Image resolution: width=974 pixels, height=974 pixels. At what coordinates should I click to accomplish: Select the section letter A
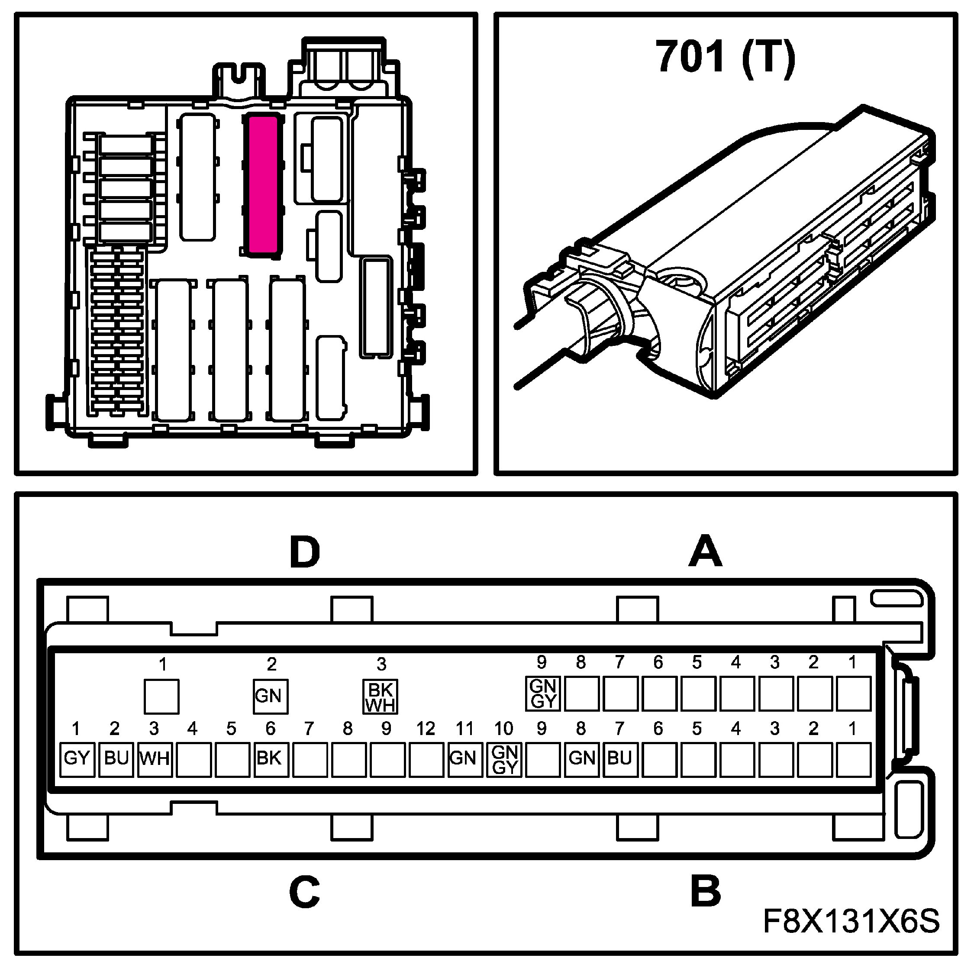click(705, 552)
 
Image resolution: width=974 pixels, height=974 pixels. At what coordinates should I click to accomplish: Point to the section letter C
click(304, 891)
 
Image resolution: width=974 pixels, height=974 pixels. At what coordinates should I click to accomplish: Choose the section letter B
click(705, 891)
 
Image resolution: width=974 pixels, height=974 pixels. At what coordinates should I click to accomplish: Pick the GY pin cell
click(77, 759)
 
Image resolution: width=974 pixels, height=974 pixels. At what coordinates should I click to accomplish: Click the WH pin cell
click(155, 759)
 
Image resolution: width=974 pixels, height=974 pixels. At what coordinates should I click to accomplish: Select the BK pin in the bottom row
click(271, 759)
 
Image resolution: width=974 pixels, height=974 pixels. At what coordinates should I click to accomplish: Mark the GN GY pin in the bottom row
click(504, 759)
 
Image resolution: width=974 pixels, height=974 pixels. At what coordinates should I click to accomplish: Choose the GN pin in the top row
click(270, 696)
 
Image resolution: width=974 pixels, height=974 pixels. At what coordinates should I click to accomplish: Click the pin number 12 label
click(426, 729)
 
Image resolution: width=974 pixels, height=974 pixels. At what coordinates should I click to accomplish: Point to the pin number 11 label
click(464, 729)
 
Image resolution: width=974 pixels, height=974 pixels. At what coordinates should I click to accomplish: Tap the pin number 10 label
click(503, 729)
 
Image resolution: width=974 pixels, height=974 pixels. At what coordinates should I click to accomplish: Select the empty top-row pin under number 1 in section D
click(161, 697)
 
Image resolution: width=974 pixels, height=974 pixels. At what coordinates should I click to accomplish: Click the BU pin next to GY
click(116, 759)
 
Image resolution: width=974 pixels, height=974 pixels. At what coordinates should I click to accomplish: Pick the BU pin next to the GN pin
click(619, 759)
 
